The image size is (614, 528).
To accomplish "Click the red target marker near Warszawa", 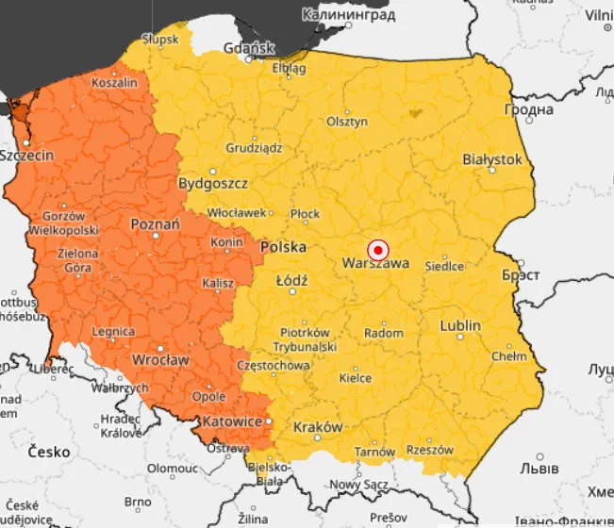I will click(378, 250).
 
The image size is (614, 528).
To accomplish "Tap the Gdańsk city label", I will click(249, 48).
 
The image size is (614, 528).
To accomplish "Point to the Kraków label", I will click(318, 427).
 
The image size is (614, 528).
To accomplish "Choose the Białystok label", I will click(491, 159).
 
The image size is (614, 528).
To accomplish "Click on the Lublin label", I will click(460, 325).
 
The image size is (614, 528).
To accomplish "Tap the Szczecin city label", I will click(26, 156).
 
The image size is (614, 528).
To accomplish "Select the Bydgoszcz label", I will click(213, 182).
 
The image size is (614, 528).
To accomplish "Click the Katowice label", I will click(232, 421).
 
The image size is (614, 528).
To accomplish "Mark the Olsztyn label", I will click(346, 122).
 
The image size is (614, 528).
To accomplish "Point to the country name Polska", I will click(284, 247).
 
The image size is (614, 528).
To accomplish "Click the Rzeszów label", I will click(431, 450).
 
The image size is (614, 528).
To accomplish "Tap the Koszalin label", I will click(114, 83).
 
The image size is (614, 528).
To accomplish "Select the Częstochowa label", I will click(274, 365).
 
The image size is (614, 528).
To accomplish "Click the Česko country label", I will click(48, 452).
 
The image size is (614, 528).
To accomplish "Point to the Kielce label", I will click(355, 378).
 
